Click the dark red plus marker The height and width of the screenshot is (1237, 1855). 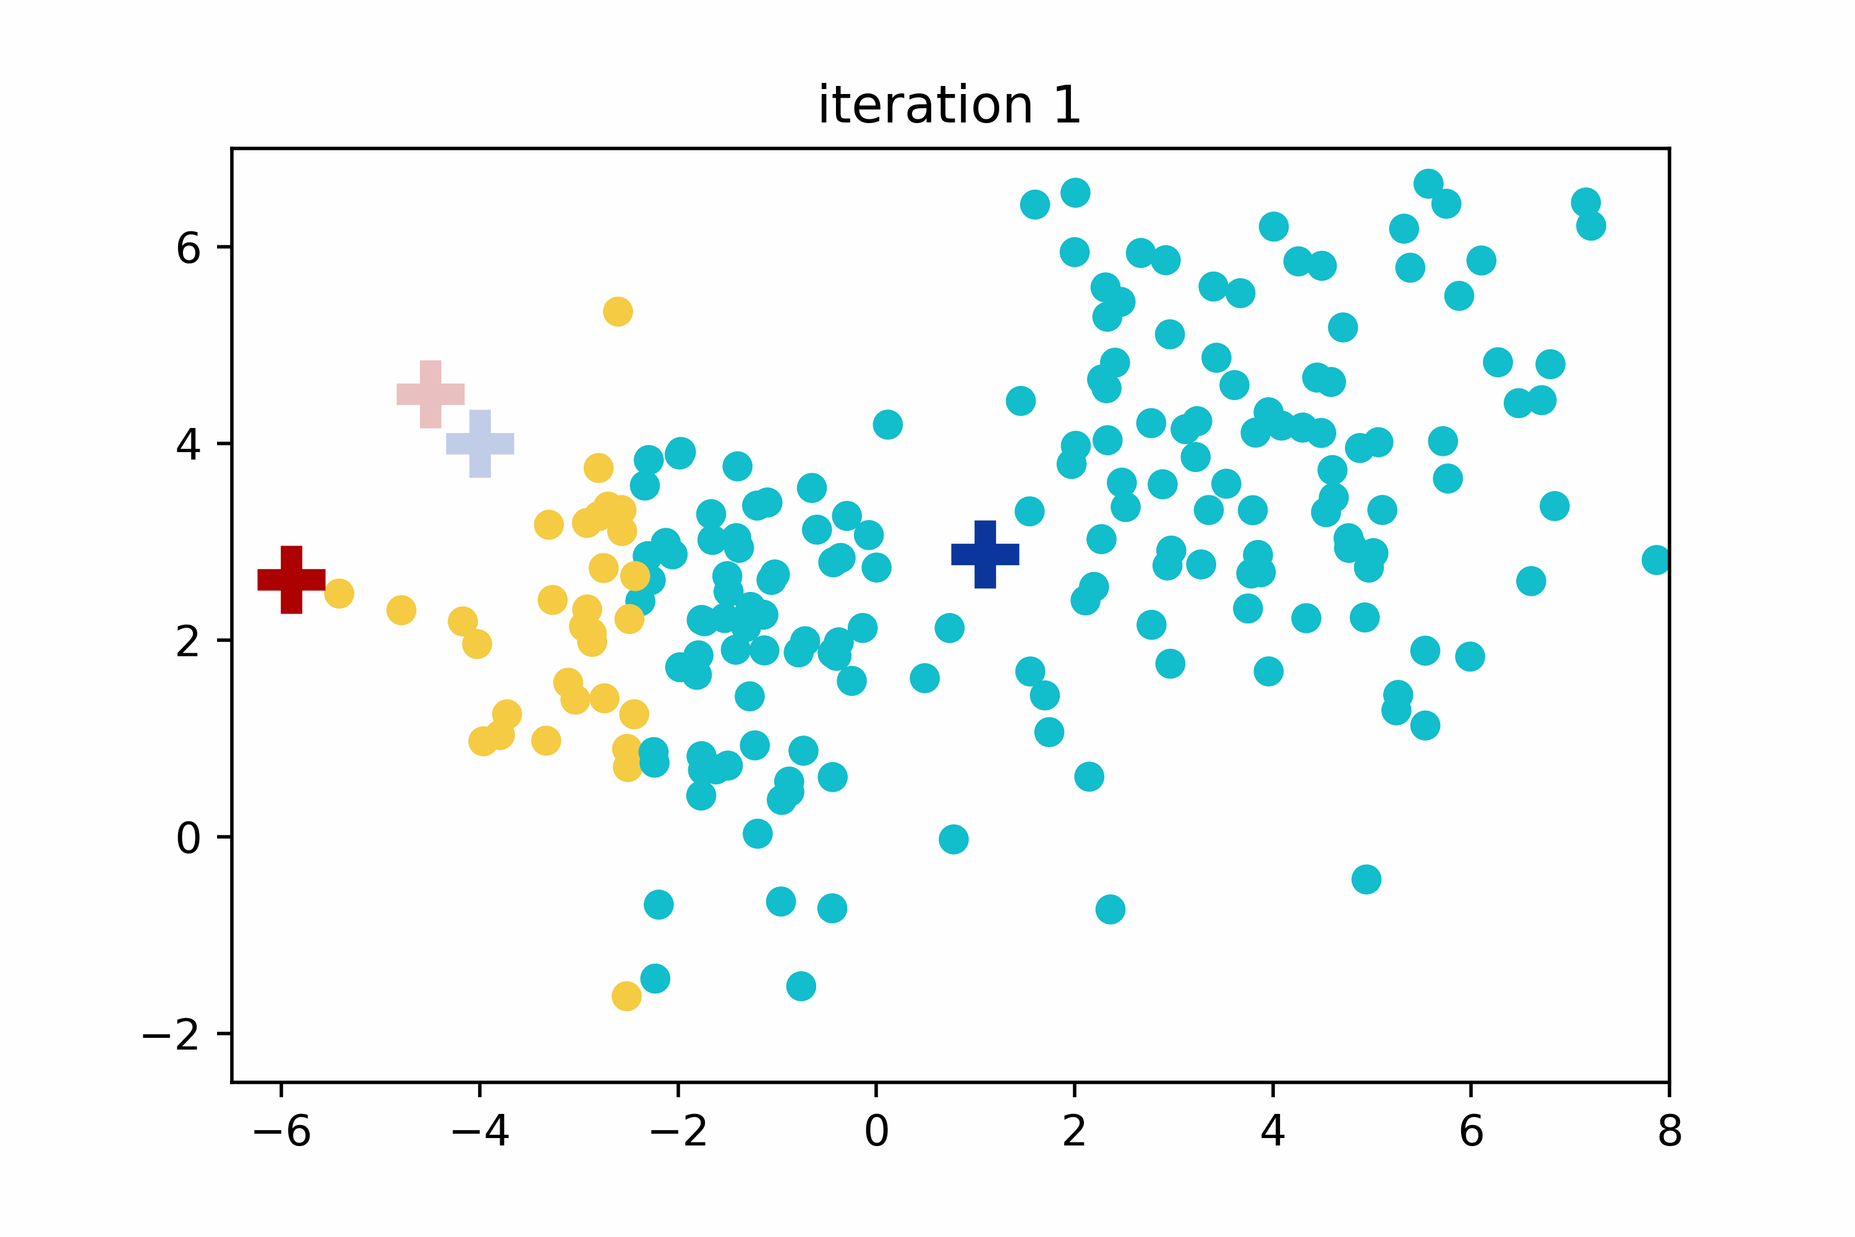point(291,580)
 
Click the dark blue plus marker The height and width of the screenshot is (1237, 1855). point(985,555)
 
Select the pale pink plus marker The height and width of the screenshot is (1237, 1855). point(430,395)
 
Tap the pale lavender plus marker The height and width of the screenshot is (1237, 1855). point(480,443)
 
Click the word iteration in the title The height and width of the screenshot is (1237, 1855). point(924,105)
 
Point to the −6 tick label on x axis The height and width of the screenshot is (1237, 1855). point(281,1132)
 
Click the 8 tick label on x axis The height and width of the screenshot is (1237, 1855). point(1669,1132)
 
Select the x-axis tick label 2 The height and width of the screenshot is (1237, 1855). point(1074,1132)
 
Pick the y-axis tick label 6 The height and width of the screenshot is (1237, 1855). point(189,249)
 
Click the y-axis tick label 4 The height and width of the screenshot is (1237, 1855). point(189,445)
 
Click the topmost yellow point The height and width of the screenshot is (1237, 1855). point(618,312)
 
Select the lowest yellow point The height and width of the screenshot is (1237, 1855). point(626,996)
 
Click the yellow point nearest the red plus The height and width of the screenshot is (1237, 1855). point(339,593)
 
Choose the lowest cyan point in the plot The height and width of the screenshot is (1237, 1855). point(801,986)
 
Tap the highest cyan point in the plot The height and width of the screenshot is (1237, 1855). point(1428,184)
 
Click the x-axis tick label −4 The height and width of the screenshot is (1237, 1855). point(480,1132)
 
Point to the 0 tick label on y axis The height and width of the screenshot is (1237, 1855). point(189,838)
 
